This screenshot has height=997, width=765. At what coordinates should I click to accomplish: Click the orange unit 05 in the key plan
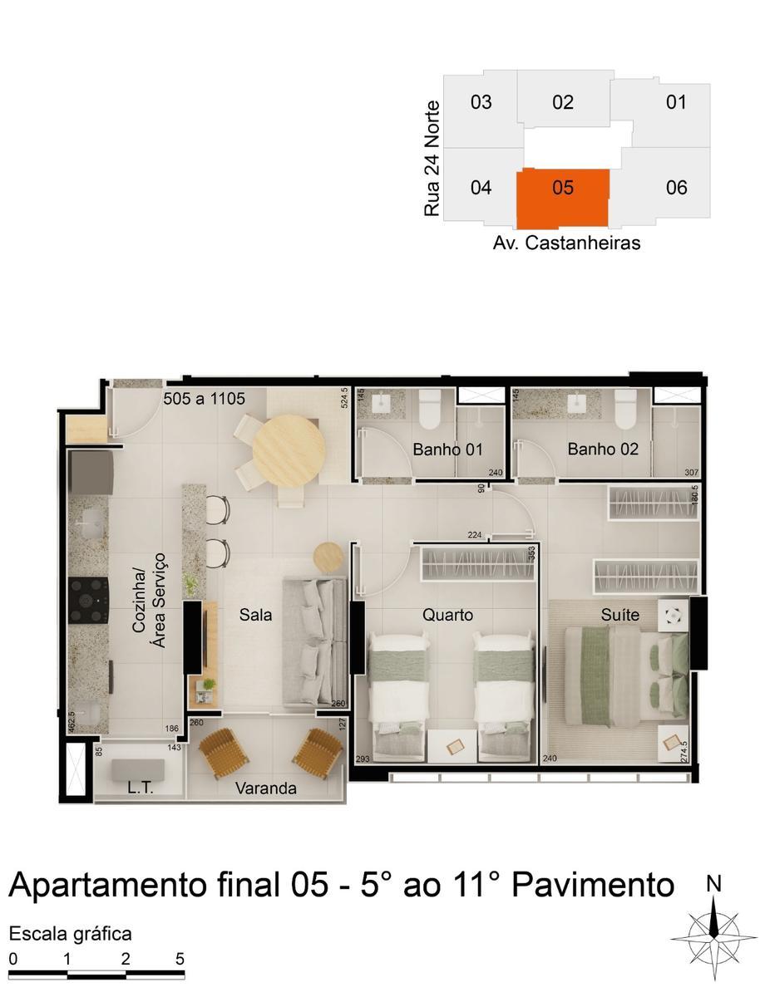tap(562, 198)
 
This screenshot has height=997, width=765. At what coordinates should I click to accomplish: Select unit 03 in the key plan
tap(481, 102)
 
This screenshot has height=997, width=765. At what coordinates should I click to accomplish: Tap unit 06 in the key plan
tap(677, 188)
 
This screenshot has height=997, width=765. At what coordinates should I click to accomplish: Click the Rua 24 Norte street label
tap(432, 159)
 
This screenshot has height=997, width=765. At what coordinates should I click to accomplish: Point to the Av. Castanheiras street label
tap(566, 243)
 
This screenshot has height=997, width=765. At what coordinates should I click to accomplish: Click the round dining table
tap(289, 449)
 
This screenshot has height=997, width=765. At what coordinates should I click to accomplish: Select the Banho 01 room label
tap(447, 450)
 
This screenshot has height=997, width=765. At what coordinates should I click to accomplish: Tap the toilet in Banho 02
tap(625, 408)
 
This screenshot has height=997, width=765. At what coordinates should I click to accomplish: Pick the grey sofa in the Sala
tap(314, 641)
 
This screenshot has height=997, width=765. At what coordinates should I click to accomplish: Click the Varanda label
tap(265, 788)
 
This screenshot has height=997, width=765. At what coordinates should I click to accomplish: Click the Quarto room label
tap(447, 616)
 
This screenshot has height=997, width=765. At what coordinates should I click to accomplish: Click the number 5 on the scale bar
tap(180, 958)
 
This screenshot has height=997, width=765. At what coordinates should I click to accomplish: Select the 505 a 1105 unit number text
tap(204, 399)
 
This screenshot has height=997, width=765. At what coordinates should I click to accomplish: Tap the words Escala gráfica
tap(71, 934)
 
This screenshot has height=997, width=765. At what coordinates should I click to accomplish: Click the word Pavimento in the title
tap(593, 886)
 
